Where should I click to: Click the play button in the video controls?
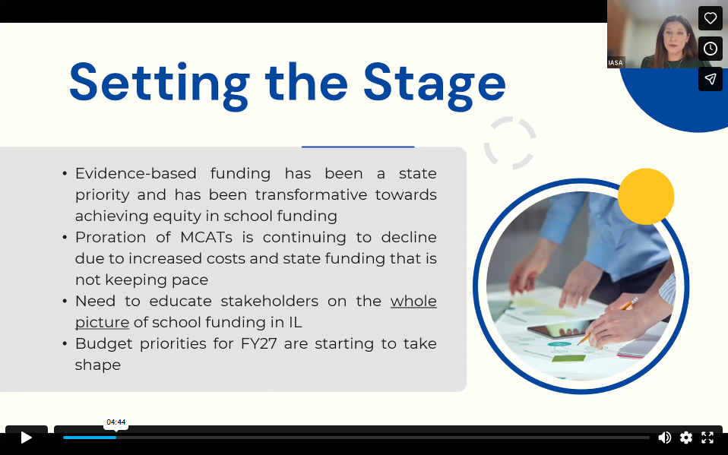point(26,437)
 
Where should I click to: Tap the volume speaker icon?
point(664,437)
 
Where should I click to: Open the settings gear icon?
point(686,437)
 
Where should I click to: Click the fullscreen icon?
point(707,437)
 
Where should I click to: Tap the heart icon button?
point(710,18)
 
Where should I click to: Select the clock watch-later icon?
point(710,49)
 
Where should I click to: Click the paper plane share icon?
point(710,79)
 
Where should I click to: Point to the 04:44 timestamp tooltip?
point(116,422)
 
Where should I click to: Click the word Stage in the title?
point(434,82)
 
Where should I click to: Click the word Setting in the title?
point(159,82)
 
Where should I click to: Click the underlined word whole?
point(413,301)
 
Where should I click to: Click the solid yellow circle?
point(646,197)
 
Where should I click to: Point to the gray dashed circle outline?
point(510,142)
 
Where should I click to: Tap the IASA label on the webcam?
point(616,63)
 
